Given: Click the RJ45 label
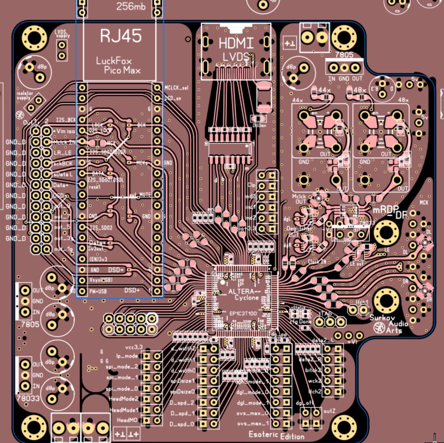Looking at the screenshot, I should (121, 36).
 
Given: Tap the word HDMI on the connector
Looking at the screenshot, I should (236, 43).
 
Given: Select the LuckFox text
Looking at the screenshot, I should (114, 60).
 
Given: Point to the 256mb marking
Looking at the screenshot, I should (131, 6).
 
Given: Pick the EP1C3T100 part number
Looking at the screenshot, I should (242, 313).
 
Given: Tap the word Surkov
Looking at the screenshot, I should (382, 318).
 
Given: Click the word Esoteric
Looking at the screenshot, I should (263, 434).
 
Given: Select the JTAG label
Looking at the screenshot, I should (325, 314).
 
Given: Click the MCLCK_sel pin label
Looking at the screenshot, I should (177, 88).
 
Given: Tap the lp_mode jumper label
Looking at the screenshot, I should (127, 356).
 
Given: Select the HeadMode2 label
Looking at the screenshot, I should (124, 399).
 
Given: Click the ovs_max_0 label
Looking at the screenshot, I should (253, 413).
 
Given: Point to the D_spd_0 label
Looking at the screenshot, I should (182, 424).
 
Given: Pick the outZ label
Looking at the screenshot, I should (329, 411).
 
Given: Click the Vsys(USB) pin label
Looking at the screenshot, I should (101, 280).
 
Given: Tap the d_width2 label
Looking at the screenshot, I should (183, 349).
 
